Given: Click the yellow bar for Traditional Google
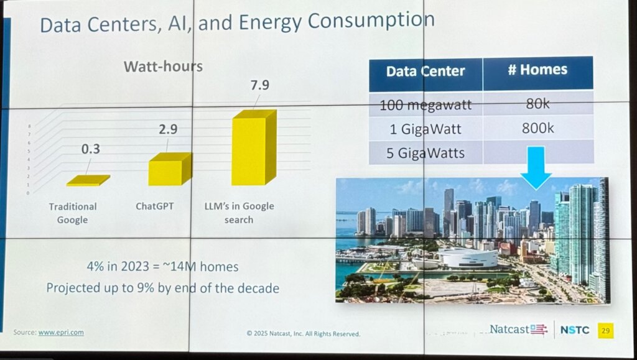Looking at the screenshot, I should click(88, 181).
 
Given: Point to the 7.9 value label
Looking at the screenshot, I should click(259, 85).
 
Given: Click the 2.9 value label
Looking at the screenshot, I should click(168, 130).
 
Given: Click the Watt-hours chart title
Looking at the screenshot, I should click(163, 67).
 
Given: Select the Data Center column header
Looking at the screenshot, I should click(425, 71).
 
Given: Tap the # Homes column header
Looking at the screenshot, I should click(537, 70).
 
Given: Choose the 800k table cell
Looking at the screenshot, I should click(537, 129).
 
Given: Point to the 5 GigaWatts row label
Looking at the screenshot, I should click(425, 153).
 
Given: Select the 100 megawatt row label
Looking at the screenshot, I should click(425, 104).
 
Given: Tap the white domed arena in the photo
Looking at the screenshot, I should click(468, 257).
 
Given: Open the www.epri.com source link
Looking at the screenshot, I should click(61, 333).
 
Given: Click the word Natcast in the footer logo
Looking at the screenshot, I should click(510, 330).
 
